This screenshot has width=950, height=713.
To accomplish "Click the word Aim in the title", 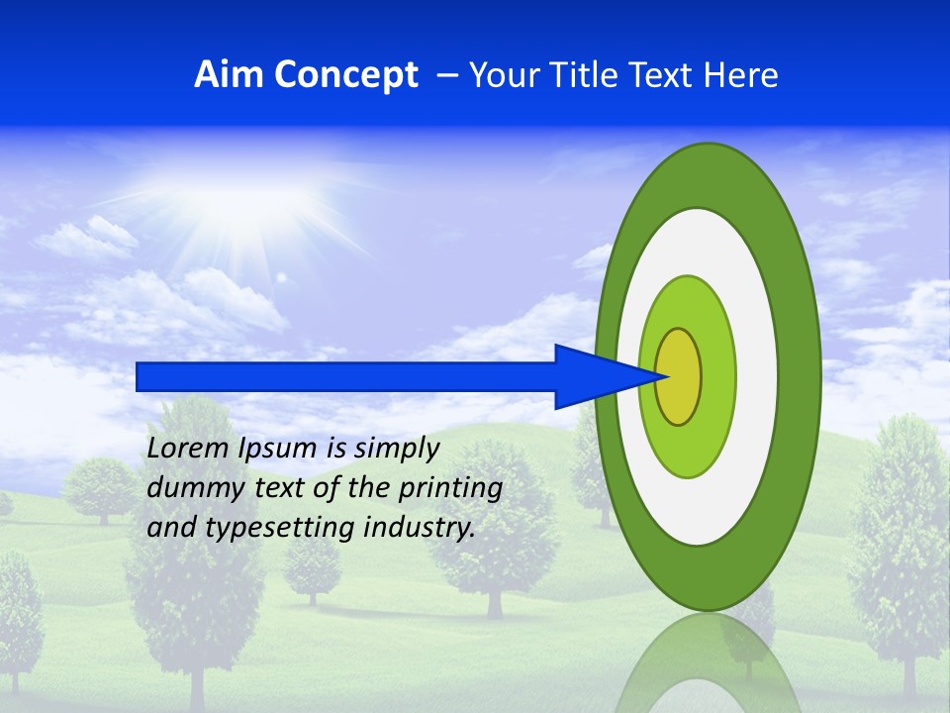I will point(229,75).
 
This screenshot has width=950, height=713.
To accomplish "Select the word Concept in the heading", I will point(345,75).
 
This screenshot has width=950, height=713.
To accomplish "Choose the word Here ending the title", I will point(743,75).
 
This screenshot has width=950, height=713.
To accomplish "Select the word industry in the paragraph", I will point(419,528).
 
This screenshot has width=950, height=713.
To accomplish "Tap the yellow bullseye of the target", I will point(679,376).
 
